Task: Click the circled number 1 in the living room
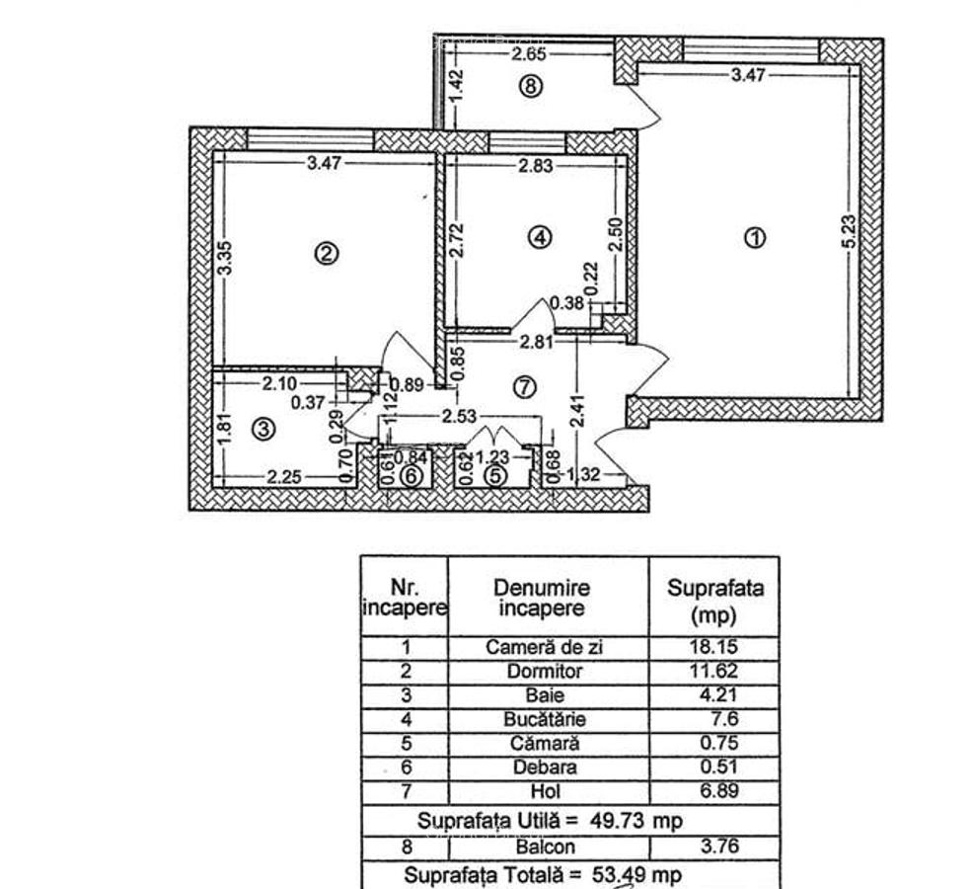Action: pyautogui.click(x=755, y=237)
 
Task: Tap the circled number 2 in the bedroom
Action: pyautogui.click(x=327, y=254)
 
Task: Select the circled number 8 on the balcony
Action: pyautogui.click(x=531, y=86)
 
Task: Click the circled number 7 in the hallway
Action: pyautogui.click(x=523, y=387)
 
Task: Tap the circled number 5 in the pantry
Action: pyautogui.click(x=495, y=476)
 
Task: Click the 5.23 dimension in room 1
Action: pyautogui.click(x=849, y=233)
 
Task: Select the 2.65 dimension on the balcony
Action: pyautogui.click(x=530, y=54)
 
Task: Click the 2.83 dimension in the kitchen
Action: pyautogui.click(x=535, y=166)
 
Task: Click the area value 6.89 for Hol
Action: pyautogui.click(x=716, y=791)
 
